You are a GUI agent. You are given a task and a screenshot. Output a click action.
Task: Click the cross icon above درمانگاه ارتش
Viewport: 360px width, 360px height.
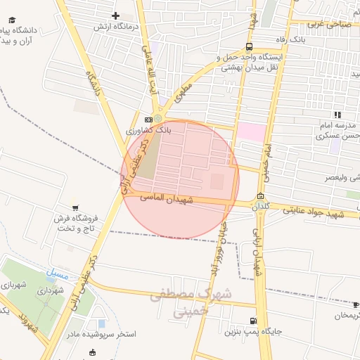coord(116,15)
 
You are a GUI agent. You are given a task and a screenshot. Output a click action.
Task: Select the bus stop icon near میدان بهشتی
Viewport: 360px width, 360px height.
coord(250,46)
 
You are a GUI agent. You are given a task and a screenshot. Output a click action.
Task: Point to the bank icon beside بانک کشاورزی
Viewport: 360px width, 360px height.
coord(148,120)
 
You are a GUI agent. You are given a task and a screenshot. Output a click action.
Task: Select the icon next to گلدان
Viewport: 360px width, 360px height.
coord(261,196)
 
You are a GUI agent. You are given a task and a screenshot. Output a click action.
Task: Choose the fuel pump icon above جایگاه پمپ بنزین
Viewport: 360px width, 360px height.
coord(253,321)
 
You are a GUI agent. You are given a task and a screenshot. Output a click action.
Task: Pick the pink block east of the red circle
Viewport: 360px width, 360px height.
coord(251,131)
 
